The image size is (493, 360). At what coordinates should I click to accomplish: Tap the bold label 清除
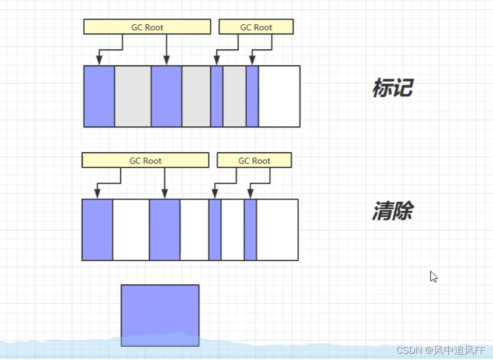click(x=392, y=211)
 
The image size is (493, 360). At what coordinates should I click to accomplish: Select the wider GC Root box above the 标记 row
click(x=147, y=27)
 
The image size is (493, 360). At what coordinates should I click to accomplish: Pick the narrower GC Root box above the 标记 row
click(x=256, y=27)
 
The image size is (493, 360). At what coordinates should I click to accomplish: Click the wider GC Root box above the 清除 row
click(x=145, y=160)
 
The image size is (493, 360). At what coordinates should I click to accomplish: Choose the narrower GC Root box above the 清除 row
click(x=254, y=160)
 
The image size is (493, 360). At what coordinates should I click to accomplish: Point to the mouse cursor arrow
click(x=433, y=276)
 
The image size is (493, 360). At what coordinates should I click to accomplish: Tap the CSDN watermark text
click(x=441, y=350)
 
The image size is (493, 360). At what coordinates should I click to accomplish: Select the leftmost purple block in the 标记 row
click(x=99, y=96)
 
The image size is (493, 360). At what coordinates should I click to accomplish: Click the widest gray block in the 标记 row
click(x=133, y=96)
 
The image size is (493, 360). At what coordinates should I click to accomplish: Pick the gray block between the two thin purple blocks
click(x=234, y=96)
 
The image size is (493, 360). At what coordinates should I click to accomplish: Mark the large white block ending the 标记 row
click(x=279, y=96)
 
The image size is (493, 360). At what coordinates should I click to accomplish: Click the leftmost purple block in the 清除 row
click(x=97, y=230)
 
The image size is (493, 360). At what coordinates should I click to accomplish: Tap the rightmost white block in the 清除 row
click(x=277, y=230)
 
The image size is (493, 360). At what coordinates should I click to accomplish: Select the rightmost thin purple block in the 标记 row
click(x=252, y=96)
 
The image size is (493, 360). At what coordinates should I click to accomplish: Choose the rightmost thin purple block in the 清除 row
click(x=250, y=230)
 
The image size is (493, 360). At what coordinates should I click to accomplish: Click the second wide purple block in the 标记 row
click(x=167, y=96)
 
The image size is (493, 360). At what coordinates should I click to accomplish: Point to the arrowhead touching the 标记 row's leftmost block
click(x=99, y=62)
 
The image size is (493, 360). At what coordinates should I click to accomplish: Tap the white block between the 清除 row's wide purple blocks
click(x=131, y=230)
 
